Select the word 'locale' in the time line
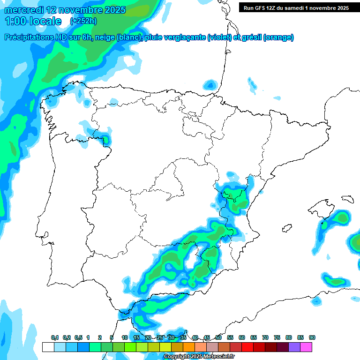coord(45,21)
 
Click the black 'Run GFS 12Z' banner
coord(296,7)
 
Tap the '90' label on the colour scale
coord(312,337)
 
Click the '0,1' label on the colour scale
coord(55,337)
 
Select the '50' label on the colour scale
coord(218,337)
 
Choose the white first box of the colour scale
coord(48,347)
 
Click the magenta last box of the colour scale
coord(307,347)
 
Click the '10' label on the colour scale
coord(125,337)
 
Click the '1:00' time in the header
coord(15,21)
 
